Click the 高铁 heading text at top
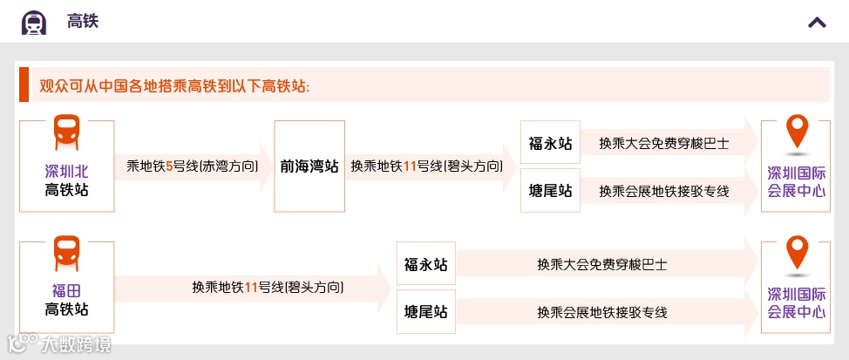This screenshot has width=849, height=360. click(83, 21)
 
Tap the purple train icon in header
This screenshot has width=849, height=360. click(34, 22)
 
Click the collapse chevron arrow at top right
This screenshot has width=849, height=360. click(817, 22)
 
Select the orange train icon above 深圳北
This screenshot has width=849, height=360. click(66, 132)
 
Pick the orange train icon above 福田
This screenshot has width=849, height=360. click(66, 253)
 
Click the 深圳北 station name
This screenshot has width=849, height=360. click(66, 172)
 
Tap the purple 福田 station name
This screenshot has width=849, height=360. click(66, 291)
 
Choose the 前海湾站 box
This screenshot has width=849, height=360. click(309, 166)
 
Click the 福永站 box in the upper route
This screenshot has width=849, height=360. click(550, 143)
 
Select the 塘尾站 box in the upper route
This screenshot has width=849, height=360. click(550, 190)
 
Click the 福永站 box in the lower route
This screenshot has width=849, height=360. click(426, 264)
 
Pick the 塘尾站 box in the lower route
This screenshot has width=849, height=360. click(426, 311)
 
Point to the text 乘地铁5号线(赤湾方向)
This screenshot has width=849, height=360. click(193, 165)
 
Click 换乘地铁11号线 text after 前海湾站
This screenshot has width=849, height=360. click(427, 165)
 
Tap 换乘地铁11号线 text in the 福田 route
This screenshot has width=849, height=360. click(268, 287)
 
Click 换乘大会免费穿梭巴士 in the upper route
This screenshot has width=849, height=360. click(663, 143)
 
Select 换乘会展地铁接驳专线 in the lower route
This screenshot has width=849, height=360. click(602, 311)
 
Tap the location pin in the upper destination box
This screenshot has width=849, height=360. click(796, 132)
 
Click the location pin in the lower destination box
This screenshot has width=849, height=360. click(796, 253)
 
